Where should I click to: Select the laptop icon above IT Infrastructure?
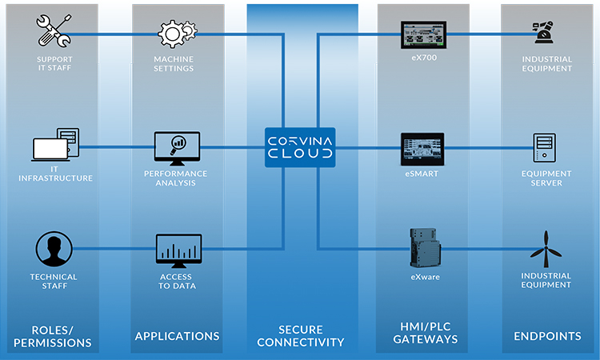[x=55, y=146]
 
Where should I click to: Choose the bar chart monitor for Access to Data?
[x=178, y=250]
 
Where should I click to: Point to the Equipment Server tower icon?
[x=546, y=147]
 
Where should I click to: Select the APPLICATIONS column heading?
[x=177, y=336]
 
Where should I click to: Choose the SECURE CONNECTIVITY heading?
[x=300, y=336]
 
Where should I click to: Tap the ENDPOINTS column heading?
[x=547, y=336]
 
